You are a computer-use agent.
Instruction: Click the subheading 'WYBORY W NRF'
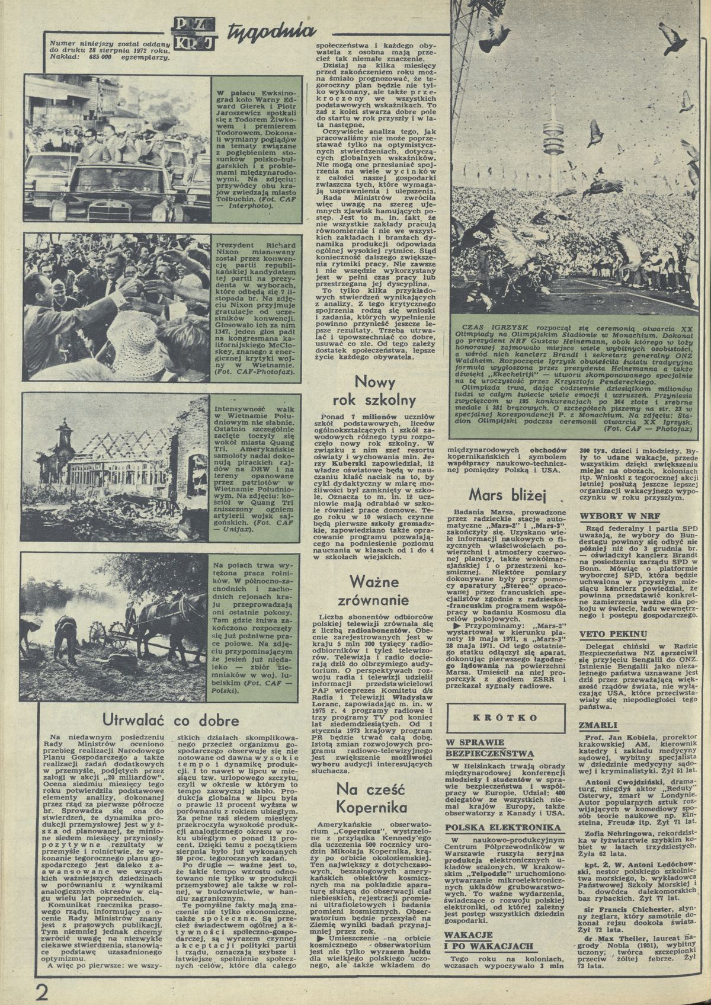611,516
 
